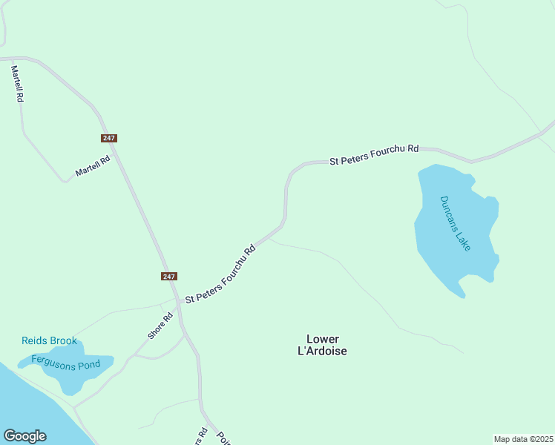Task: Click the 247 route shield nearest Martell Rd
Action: [x=109, y=138]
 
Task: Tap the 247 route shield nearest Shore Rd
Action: [x=169, y=276]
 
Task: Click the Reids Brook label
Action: [x=49, y=341]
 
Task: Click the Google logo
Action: [x=24, y=436]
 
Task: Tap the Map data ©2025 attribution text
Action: [x=523, y=439]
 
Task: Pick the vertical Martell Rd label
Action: [x=17, y=83]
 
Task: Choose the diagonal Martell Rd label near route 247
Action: [x=93, y=166]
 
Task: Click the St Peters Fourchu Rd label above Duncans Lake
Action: [x=374, y=154]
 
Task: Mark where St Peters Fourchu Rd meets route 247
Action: [x=178, y=303]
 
